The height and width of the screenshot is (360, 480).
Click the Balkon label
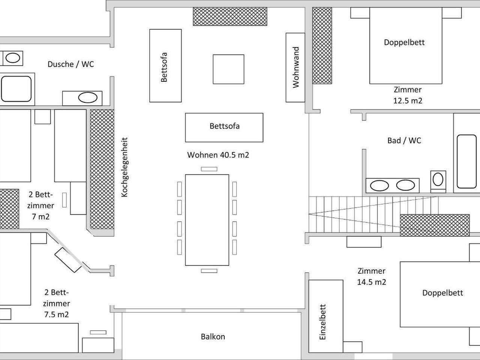(213, 336)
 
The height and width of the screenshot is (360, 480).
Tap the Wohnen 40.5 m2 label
(218, 155)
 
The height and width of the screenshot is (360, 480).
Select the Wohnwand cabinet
(295, 67)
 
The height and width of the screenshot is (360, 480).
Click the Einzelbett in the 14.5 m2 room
(325, 316)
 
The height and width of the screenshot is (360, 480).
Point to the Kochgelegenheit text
(125, 167)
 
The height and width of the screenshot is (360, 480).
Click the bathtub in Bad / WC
(466, 161)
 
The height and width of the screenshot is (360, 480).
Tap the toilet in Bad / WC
(438, 180)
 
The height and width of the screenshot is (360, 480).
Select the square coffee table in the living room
(228, 69)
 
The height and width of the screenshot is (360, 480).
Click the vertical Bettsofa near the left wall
(165, 66)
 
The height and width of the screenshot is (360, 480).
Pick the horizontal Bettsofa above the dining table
(224, 127)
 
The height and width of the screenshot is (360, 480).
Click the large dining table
(207, 220)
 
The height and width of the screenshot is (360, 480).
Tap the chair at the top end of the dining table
(209, 169)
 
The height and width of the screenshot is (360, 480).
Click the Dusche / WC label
(70, 64)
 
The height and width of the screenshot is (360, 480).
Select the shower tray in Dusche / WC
(16, 89)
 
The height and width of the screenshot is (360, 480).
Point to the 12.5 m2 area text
(408, 100)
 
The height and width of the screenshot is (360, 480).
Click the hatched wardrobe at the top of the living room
(230, 16)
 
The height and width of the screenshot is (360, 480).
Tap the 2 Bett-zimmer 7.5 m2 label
(57, 303)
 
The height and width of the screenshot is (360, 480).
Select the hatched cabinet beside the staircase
(434, 225)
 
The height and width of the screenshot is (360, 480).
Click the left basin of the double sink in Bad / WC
(379, 185)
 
